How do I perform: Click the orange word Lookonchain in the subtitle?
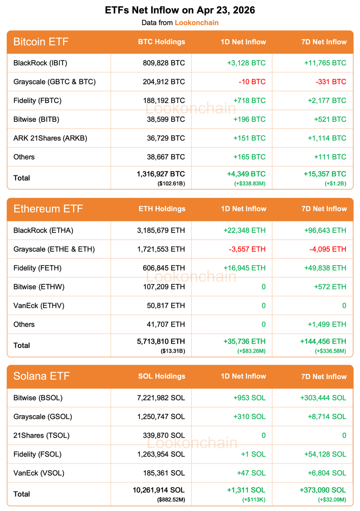(x=196, y=23)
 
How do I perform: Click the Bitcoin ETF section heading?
(x=41, y=42)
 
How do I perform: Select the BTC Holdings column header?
(x=161, y=42)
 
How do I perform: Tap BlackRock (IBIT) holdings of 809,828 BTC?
(x=164, y=63)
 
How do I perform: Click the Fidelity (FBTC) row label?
(x=37, y=100)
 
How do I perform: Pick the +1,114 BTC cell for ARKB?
(x=325, y=138)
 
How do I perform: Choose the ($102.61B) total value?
(x=171, y=183)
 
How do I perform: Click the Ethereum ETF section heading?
(x=48, y=209)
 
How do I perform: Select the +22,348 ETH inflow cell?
(x=245, y=230)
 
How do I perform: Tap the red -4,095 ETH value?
(x=328, y=249)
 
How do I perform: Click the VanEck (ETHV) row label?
(x=39, y=305)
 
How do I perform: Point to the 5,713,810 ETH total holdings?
(x=160, y=342)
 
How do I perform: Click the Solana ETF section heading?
(x=41, y=376)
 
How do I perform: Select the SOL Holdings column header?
(x=162, y=376)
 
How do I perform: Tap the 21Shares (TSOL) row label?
(x=41, y=435)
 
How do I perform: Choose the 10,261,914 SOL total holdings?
(x=158, y=490)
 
